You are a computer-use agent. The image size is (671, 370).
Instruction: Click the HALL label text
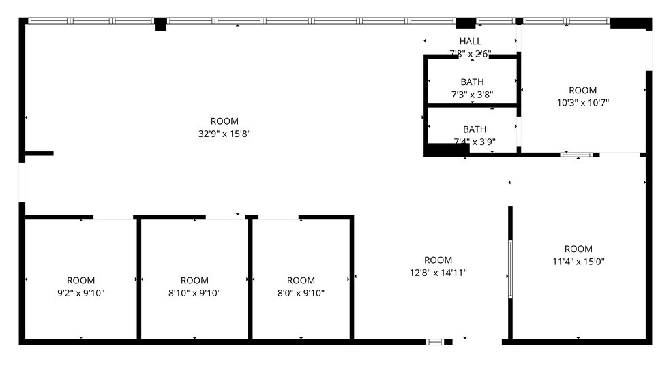click(470, 42)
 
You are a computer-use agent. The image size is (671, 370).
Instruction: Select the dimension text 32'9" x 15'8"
click(224, 134)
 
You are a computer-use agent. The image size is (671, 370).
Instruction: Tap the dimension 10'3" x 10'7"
click(582, 103)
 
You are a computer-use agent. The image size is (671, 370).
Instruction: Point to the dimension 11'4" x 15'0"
click(578, 261)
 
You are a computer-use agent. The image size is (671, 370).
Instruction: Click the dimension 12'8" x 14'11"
click(438, 272)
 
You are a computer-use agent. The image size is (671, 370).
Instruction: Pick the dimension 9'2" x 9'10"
click(80, 293)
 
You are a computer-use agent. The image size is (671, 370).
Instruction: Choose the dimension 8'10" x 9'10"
click(194, 293)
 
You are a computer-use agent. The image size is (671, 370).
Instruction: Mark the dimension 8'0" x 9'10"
click(301, 293)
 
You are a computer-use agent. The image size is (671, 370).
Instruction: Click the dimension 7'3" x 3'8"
click(472, 95)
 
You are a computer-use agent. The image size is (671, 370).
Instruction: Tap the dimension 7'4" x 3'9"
click(474, 142)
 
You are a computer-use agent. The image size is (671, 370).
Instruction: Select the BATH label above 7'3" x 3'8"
click(472, 82)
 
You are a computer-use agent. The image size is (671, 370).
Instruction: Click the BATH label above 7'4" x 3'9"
click(475, 129)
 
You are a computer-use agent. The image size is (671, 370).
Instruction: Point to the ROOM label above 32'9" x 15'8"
click(224, 122)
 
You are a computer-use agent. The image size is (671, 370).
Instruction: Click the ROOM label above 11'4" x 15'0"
click(578, 249)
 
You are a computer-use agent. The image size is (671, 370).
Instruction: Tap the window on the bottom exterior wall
click(435, 341)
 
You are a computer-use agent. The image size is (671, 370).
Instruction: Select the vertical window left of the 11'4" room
click(510, 268)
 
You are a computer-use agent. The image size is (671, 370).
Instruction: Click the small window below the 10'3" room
click(576, 155)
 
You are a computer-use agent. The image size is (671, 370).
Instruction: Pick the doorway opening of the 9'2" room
click(113, 217)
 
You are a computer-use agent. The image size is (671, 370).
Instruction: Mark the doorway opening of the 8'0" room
click(278, 217)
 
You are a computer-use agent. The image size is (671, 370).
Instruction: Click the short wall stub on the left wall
click(40, 153)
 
